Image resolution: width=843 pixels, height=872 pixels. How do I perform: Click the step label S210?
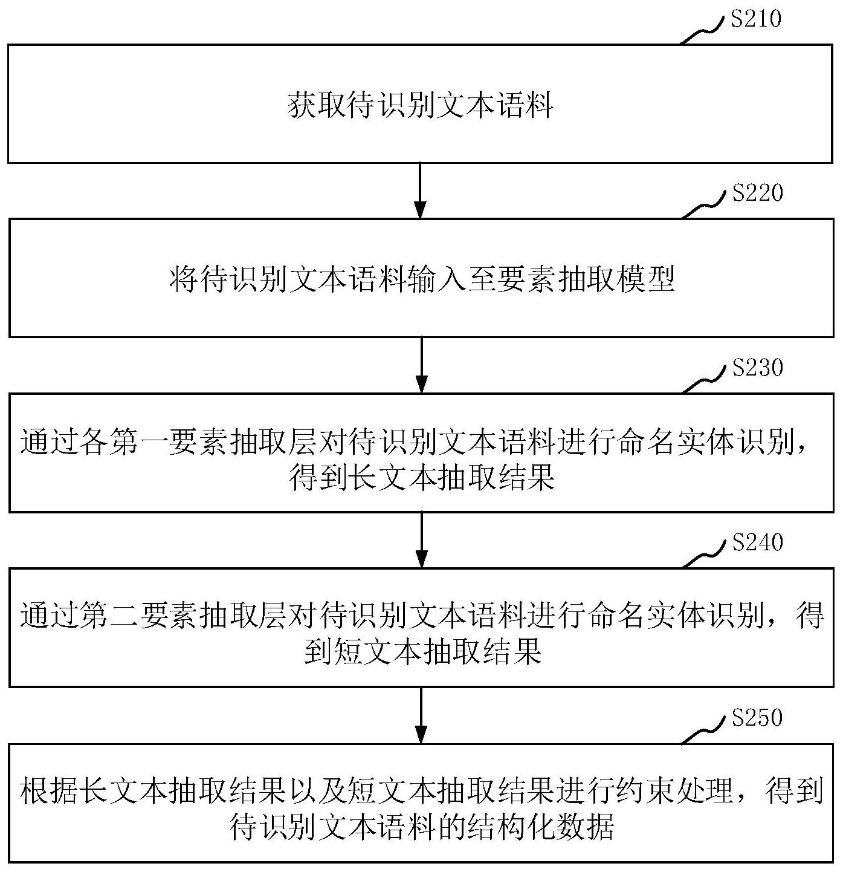[x=755, y=19]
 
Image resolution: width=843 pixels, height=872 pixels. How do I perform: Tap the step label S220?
[x=757, y=194]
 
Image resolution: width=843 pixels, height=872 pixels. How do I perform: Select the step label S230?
[x=757, y=368]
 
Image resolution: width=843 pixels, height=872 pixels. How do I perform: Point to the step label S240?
[x=757, y=542]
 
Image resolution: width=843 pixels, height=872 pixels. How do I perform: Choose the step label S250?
[x=756, y=718]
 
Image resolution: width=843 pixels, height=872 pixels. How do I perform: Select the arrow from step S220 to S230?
[x=421, y=365]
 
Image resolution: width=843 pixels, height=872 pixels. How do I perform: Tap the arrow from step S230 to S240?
[x=421, y=539]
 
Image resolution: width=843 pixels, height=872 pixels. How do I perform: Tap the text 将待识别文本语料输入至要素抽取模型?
[x=422, y=279]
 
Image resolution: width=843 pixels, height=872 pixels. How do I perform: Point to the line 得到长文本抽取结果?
[x=422, y=479]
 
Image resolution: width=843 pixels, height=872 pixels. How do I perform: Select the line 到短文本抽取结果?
[x=422, y=653]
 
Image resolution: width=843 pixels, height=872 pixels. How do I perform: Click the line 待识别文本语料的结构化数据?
[x=422, y=827]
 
